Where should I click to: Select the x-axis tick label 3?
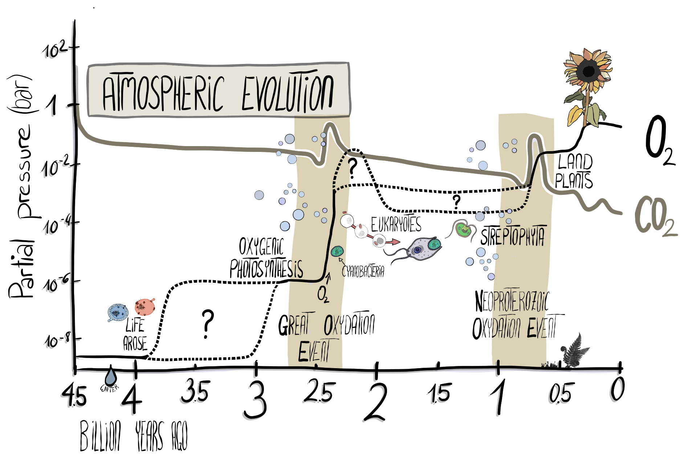pos(256,400)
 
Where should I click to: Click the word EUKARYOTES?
pos(396,224)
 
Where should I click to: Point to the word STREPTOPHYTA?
pos(512,236)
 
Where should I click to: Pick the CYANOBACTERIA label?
pos(363,271)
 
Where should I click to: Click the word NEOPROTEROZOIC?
pos(512,301)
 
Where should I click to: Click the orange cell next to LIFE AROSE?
pos(145,307)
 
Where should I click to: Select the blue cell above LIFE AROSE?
pos(118,312)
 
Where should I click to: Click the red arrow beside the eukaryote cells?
pos(392,241)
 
